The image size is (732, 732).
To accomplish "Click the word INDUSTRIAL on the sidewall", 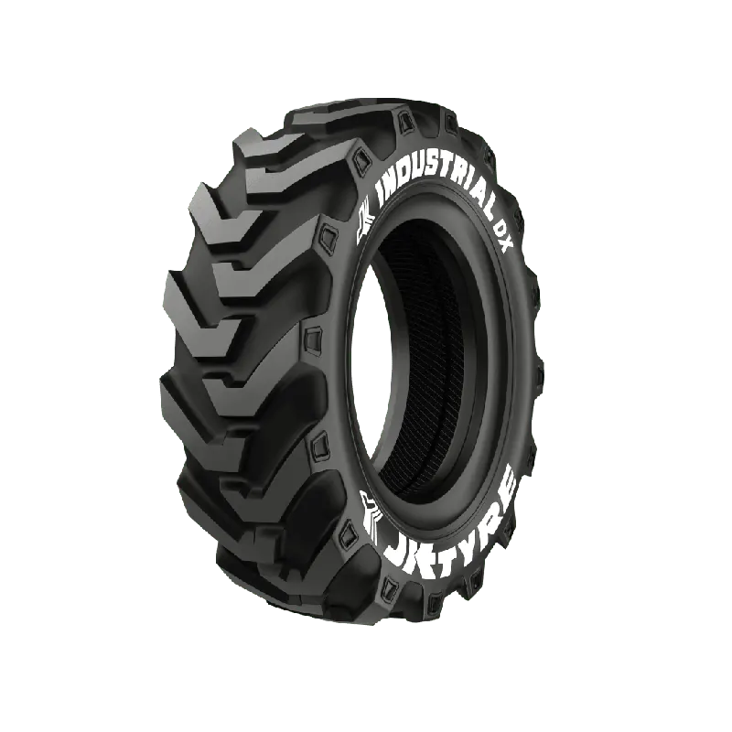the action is click(436, 186).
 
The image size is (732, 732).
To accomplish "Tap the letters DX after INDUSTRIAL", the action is click(503, 236).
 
